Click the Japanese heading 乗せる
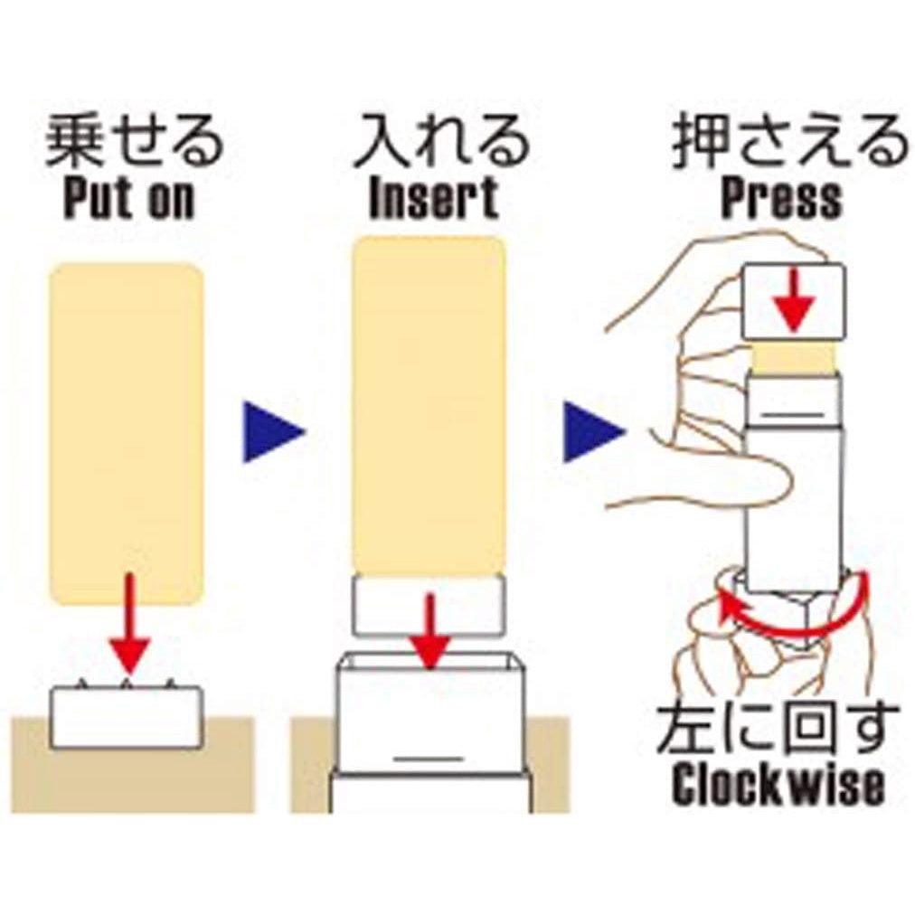coord(134,144)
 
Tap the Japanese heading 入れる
coord(439,144)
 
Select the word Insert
coord(434,200)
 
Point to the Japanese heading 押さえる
coord(788,144)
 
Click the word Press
coord(781,200)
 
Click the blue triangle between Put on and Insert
coord(271,432)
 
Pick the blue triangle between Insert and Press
coord(591,432)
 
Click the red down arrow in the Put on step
coord(129,624)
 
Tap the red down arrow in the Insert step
coord(431,633)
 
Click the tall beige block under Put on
coord(126,434)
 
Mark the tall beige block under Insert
coord(429,407)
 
